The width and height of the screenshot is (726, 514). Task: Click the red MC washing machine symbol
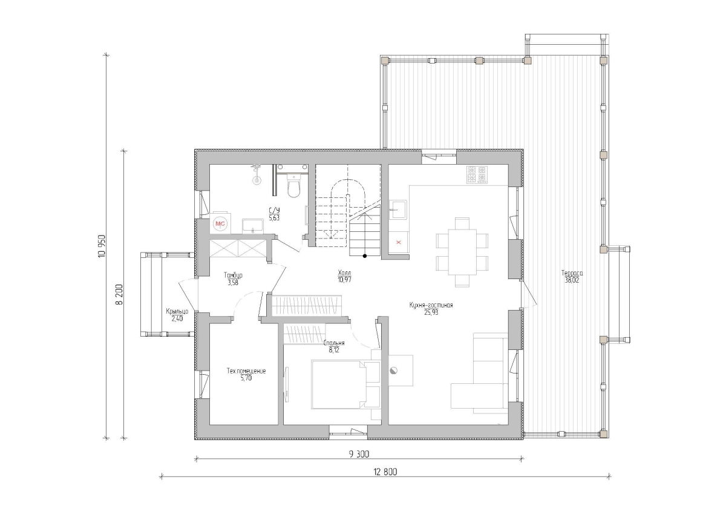220,224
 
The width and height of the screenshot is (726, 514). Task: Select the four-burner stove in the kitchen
477,174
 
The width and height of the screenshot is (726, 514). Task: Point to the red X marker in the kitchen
399,242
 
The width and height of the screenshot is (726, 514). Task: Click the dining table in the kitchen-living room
462,252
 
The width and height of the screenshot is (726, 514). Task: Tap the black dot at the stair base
365,256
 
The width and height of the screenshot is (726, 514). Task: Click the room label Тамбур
233,275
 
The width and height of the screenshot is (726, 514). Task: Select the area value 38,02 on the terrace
572,280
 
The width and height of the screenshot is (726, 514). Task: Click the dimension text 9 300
359,454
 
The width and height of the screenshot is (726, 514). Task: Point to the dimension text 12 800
385,472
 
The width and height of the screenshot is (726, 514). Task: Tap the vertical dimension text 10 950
102,246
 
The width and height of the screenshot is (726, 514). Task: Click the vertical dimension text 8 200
119,294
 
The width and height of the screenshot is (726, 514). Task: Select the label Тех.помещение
246,371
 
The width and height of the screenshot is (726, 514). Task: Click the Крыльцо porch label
177,311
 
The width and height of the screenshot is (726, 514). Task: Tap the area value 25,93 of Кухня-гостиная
431,312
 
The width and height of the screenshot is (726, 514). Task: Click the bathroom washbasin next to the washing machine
253,226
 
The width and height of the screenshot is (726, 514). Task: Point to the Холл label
344,272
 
